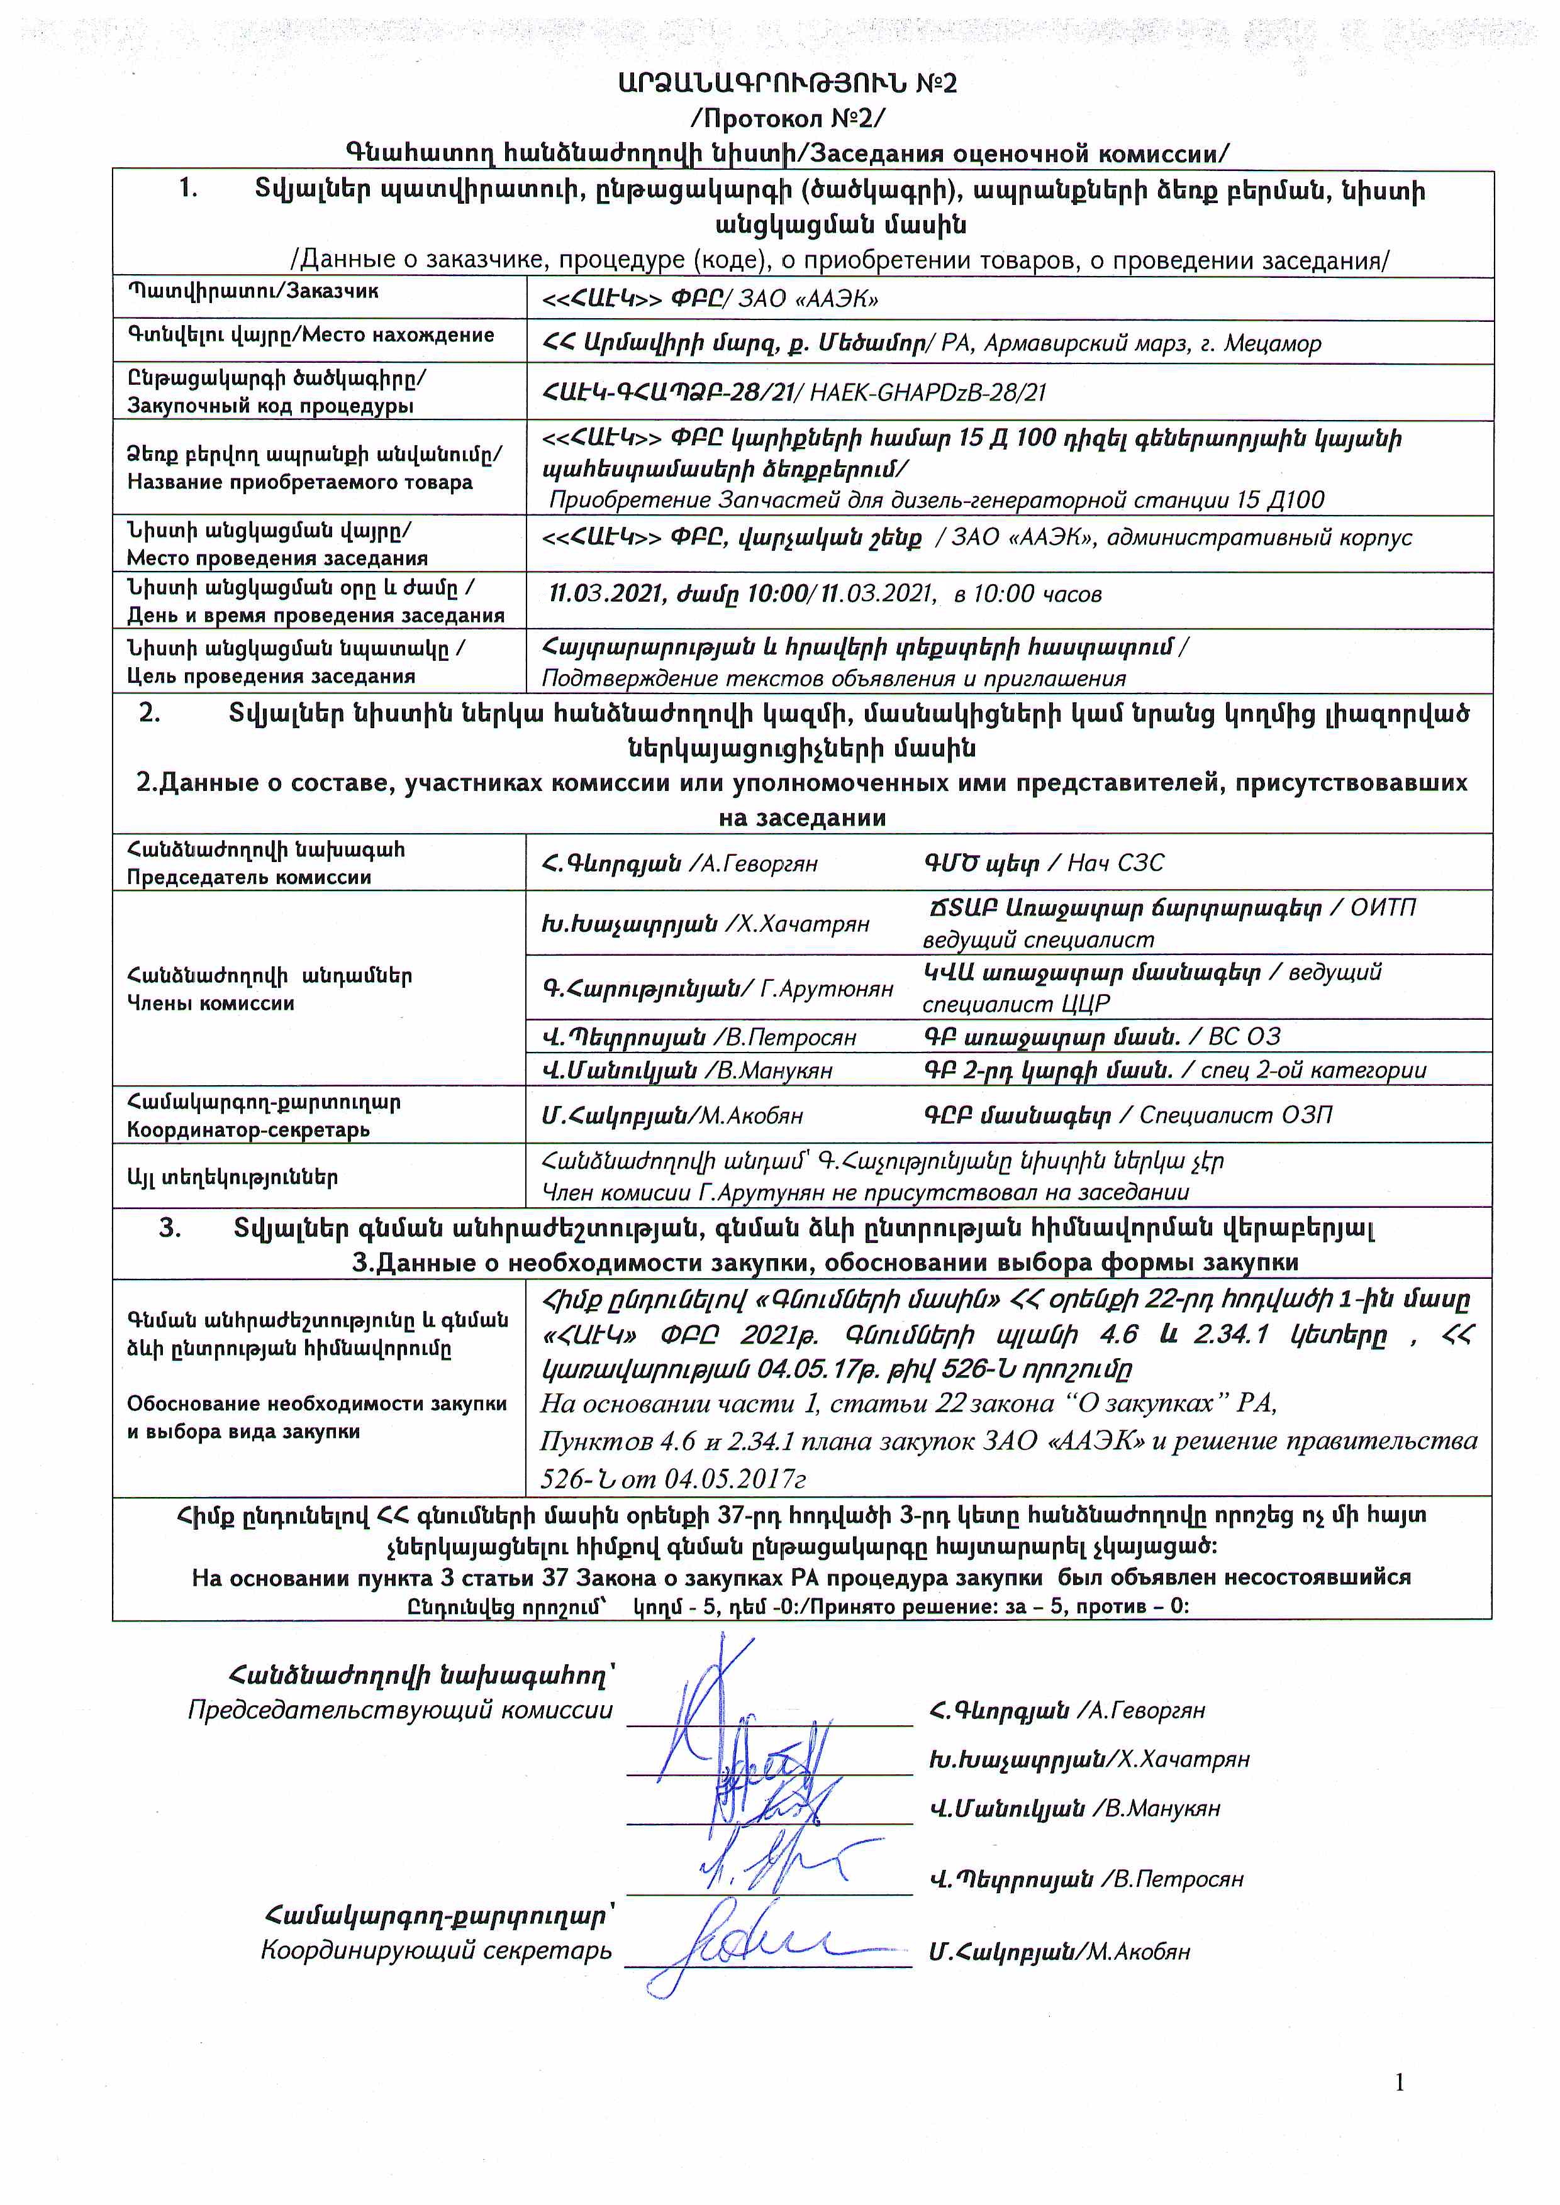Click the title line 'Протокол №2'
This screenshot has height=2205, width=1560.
point(788,118)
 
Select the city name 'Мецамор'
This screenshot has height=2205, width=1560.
point(1272,343)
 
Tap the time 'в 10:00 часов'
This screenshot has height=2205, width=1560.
point(1028,594)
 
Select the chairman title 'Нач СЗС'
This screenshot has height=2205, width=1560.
point(1116,863)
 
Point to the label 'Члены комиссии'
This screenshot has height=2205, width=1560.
point(211,1003)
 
